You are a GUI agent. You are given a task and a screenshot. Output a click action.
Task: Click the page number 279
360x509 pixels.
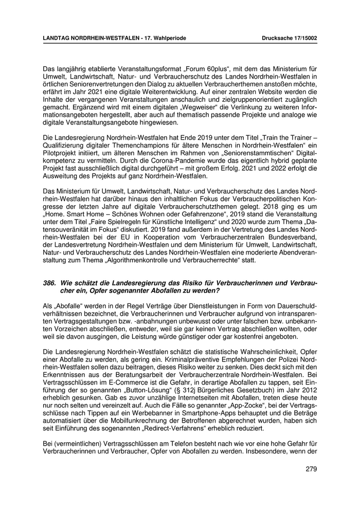(x=311, y=468)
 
